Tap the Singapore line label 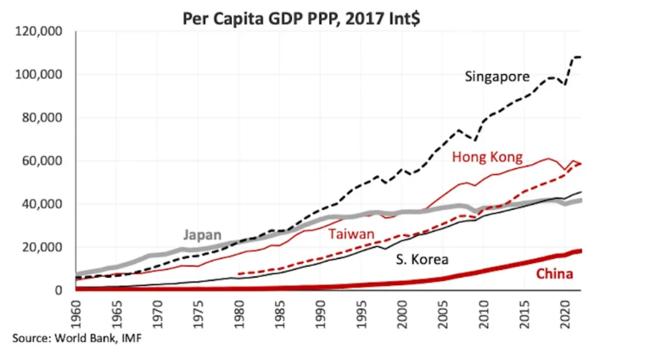[x=497, y=77]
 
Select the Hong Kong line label [x=487, y=157]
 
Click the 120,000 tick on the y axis [x=39, y=31]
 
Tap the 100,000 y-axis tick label [x=39, y=75]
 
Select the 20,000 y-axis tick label [x=42, y=247]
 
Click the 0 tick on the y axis [x=59, y=290]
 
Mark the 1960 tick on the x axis [x=76, y=311]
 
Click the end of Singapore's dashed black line [x=579, y=57]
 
